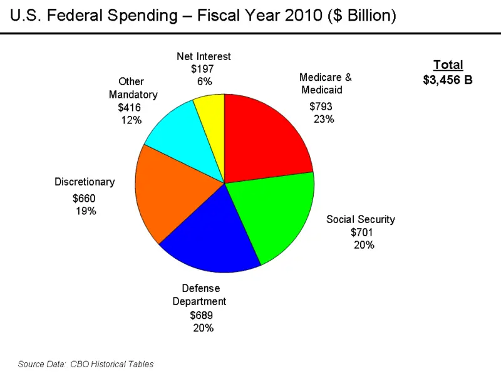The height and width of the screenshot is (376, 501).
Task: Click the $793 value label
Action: [321, 106]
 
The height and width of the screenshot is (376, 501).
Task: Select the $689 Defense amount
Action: [202, 315]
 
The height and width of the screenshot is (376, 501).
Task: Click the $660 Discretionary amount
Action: [84, 199]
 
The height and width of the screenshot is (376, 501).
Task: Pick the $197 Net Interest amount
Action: [204, 69]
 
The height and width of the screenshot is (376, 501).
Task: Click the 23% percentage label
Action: [324, 119]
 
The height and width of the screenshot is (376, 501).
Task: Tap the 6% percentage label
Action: [205, 81]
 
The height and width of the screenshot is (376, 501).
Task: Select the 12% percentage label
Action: [132, 120]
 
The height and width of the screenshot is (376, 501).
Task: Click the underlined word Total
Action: [448, 65]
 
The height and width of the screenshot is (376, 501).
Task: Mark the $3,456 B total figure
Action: [448, 80]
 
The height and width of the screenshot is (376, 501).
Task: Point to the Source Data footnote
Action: [86, 363]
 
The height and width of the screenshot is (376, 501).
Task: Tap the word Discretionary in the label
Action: [85, 182]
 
